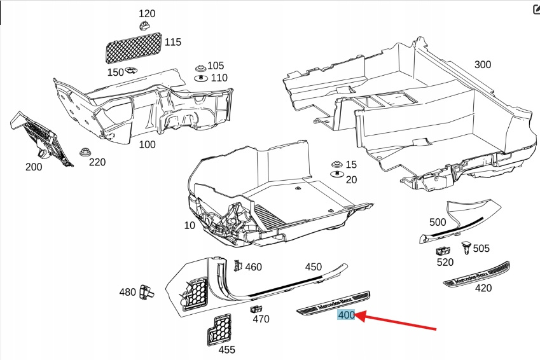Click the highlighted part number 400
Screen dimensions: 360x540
coord(347,315)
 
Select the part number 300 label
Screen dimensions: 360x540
coord(483,64)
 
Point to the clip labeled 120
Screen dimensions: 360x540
coord(144,25)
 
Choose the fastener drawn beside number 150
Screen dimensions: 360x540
coord(132,71)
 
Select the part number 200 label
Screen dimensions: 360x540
coord(34,167)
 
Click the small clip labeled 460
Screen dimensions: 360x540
coord(237,266)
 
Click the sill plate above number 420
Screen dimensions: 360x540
coord(477,273)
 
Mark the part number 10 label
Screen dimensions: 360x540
coord(190,226)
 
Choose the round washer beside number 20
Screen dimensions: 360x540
coord(335,174)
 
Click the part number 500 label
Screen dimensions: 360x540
coord(438,222)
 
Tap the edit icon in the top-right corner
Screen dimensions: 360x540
coord(534,9)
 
